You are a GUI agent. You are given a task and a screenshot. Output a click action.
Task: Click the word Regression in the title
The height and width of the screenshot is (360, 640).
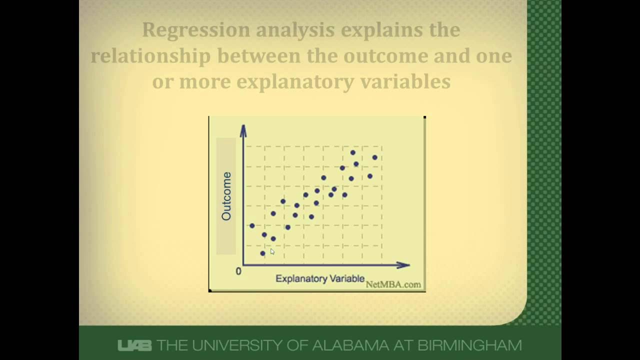tap(196, 30)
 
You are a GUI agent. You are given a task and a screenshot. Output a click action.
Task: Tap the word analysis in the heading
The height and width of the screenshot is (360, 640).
tap(296, 30)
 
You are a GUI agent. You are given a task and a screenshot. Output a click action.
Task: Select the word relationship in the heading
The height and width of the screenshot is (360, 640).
tap(150, 56)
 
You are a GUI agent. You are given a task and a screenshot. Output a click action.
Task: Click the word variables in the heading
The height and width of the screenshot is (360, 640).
tap(409, 81)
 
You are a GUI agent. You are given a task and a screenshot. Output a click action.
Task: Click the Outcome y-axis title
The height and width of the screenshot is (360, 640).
tap(226, 196)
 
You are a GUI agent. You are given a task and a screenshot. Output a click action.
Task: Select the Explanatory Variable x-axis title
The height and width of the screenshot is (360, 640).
tap(320, 278)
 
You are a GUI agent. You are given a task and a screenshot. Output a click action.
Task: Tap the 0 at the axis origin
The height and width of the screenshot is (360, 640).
tap(238, 271)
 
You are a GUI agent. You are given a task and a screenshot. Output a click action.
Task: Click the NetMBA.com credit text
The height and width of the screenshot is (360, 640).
tap(393, 284)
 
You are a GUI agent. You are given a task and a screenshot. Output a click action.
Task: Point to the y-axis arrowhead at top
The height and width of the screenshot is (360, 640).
tap(243, 130)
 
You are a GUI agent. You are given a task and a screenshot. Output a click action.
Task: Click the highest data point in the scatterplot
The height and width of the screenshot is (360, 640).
tap(353, 152)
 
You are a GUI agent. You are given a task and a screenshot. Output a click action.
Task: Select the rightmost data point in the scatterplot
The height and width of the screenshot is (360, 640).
tap(374, 157)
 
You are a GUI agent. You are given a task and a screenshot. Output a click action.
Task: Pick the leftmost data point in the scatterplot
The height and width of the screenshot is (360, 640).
tap(252, 226)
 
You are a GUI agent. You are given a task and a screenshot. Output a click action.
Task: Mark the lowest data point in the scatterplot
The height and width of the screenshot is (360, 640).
tap(262, 253)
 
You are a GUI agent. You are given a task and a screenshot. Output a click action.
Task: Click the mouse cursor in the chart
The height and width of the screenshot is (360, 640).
tap(272, 252)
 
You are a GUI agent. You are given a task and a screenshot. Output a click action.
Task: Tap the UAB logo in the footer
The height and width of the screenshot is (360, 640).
tap(134, 345)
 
